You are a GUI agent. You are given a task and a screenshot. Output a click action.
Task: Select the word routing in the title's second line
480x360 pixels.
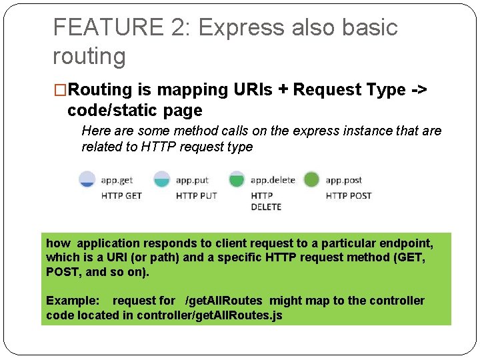[89, 56]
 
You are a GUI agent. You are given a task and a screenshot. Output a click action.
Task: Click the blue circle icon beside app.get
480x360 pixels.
[87, 179]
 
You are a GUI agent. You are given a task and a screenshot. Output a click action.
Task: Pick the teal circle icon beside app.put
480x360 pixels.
[162, 179]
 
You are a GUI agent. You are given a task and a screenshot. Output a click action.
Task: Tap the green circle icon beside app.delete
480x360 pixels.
[237, 179]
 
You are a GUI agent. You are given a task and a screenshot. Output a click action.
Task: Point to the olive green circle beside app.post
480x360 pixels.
[311, 179]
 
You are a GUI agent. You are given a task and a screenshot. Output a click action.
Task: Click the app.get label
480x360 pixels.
[117, 180]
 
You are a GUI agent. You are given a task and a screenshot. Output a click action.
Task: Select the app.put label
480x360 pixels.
[192, 180]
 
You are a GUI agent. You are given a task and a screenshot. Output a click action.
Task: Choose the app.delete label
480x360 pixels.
[273, 180]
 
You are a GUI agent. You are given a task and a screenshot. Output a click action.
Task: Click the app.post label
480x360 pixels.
[343, 180]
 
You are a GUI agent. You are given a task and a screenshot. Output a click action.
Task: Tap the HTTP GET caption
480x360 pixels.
[121, 195]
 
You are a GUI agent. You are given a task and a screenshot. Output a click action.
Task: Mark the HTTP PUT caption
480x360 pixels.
[196, 195]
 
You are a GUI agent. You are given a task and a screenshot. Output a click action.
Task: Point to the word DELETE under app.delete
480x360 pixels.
[266, 207]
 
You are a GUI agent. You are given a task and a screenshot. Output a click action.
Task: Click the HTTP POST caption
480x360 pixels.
[348, 195]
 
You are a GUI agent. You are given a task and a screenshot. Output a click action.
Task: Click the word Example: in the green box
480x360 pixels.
[72, 301]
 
